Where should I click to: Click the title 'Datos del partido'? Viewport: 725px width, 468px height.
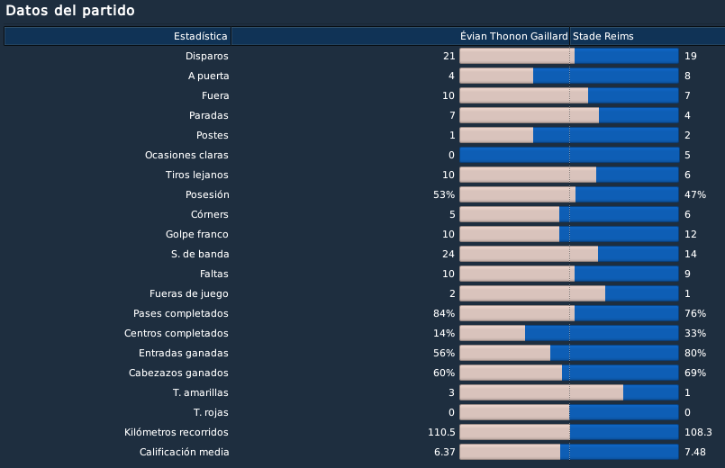70,11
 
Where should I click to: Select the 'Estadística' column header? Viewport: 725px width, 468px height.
200,36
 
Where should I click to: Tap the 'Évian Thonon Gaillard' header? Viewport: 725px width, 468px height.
513,36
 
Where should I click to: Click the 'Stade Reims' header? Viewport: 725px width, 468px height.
603,36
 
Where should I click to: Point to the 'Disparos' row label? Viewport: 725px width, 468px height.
206,56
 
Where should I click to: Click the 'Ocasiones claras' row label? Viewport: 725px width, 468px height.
186,155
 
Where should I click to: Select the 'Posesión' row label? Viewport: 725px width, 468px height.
206,194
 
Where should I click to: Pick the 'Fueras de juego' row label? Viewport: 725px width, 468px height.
188,293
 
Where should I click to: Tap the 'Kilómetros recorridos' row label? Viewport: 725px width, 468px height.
177,432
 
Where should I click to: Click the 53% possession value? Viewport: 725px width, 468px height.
444,194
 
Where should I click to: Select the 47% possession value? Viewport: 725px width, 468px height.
695,194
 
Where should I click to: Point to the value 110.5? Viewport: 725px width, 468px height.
441,432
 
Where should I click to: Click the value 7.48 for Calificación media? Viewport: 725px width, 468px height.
695,452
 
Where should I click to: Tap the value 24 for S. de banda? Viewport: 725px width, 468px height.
449,254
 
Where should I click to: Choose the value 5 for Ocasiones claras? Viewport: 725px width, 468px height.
687,155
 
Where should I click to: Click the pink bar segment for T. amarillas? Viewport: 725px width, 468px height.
541,392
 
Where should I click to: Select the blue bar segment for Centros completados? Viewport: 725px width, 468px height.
602,333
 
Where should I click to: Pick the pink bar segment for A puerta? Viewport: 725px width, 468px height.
496,76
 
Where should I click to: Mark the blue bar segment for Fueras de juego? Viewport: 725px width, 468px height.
642,293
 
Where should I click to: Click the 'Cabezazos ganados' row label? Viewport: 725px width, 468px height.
178,373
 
